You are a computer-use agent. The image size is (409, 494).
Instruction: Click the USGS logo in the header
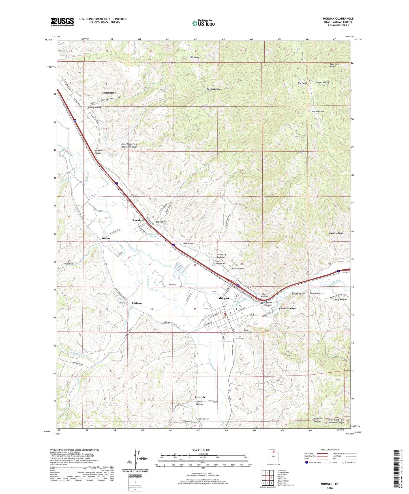(62, 22)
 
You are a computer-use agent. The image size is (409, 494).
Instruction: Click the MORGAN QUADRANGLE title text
(338, 19)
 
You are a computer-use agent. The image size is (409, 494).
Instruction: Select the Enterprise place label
(109, 93)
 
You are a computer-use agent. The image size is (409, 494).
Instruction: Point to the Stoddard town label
(139, 220)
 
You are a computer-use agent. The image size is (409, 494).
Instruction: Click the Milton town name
(106, 239)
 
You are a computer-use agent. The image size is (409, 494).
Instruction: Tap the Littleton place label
(137, 303)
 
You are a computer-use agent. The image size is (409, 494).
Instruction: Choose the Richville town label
(200, 397)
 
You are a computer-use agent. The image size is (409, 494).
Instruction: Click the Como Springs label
(288, 308)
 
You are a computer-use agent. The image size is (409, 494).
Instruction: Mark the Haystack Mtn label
(169, 63)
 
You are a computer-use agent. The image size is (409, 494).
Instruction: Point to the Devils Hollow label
(213, 89)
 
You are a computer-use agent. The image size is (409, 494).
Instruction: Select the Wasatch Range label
(336, 233)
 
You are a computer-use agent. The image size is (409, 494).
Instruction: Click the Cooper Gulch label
(322, 82)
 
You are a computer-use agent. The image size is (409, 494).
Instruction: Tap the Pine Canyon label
(189, 243)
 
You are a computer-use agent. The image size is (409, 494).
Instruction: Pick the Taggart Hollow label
(200, 403)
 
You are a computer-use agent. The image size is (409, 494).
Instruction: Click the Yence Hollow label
(318, 111)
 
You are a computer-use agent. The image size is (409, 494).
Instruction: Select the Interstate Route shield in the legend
(307, 462)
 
